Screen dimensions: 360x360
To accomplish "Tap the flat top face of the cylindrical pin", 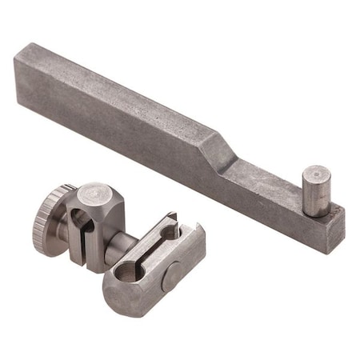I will (316, 175).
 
